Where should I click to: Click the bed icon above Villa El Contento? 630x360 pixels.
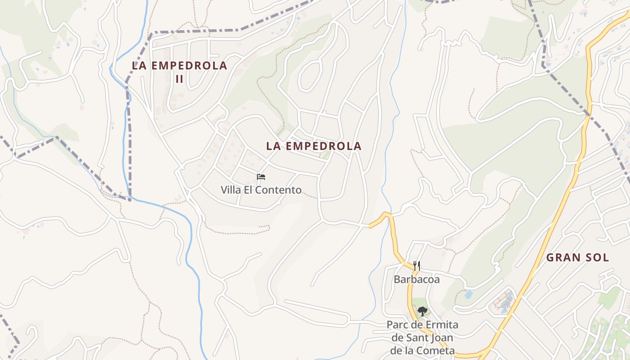261,177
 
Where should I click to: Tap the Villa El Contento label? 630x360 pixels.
261,190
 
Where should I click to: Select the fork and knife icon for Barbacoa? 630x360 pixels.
417,266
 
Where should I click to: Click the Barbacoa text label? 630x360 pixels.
417,279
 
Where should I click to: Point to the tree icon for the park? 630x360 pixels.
422,311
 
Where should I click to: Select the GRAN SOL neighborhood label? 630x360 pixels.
577,258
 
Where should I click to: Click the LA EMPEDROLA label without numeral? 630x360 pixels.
314,146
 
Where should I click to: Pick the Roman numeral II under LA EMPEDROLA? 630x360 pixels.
180,79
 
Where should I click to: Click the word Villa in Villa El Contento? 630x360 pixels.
231,190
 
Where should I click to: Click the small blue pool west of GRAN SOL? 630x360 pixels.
468,295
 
